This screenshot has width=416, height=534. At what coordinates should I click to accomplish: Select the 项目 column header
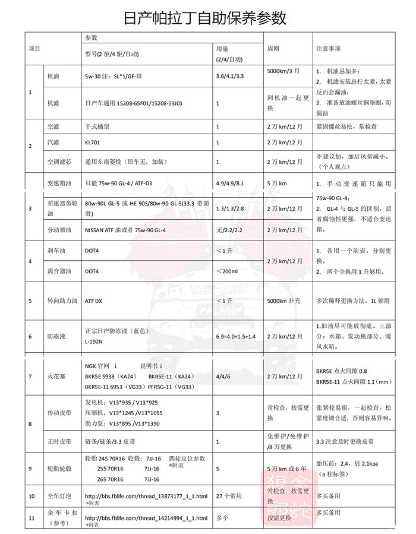click(x=34, y=48)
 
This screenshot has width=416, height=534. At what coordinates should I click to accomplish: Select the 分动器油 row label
click(x=60, y=229)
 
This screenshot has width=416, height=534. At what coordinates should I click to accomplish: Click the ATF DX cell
click(x=94, y=301)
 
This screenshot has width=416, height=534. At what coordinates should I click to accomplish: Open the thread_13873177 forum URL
click(x=146, y=495)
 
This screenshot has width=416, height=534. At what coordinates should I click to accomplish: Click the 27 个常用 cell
click(x=231, y=495)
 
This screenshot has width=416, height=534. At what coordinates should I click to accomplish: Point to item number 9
click(x=30, y=469)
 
